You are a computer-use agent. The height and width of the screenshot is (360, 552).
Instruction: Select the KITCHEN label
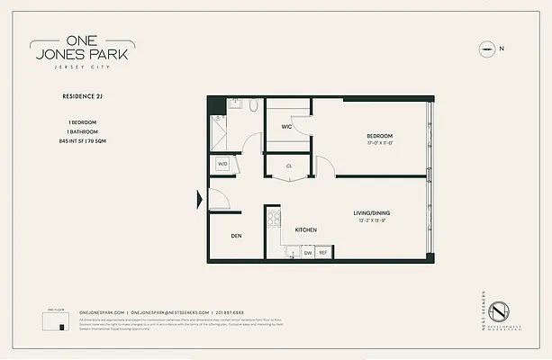click(x=306, y=230)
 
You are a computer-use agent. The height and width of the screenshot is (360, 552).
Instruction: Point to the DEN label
click(x=235, y=237)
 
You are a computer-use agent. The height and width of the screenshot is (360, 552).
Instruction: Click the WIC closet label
click(x=286, y=127)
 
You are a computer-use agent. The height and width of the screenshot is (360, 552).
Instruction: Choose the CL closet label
click(x=290, y=166)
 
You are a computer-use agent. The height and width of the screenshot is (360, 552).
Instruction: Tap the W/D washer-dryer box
click(x=222, y=165)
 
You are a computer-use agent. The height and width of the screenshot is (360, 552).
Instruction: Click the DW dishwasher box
click(x=307, y=254)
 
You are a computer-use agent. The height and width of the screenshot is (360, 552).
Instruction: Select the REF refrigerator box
click(x=322, y=254)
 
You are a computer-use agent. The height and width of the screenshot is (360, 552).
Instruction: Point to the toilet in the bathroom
click(x=254, y=106)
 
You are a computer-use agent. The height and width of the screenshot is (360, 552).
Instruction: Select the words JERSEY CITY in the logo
click(x=82, y=67)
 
